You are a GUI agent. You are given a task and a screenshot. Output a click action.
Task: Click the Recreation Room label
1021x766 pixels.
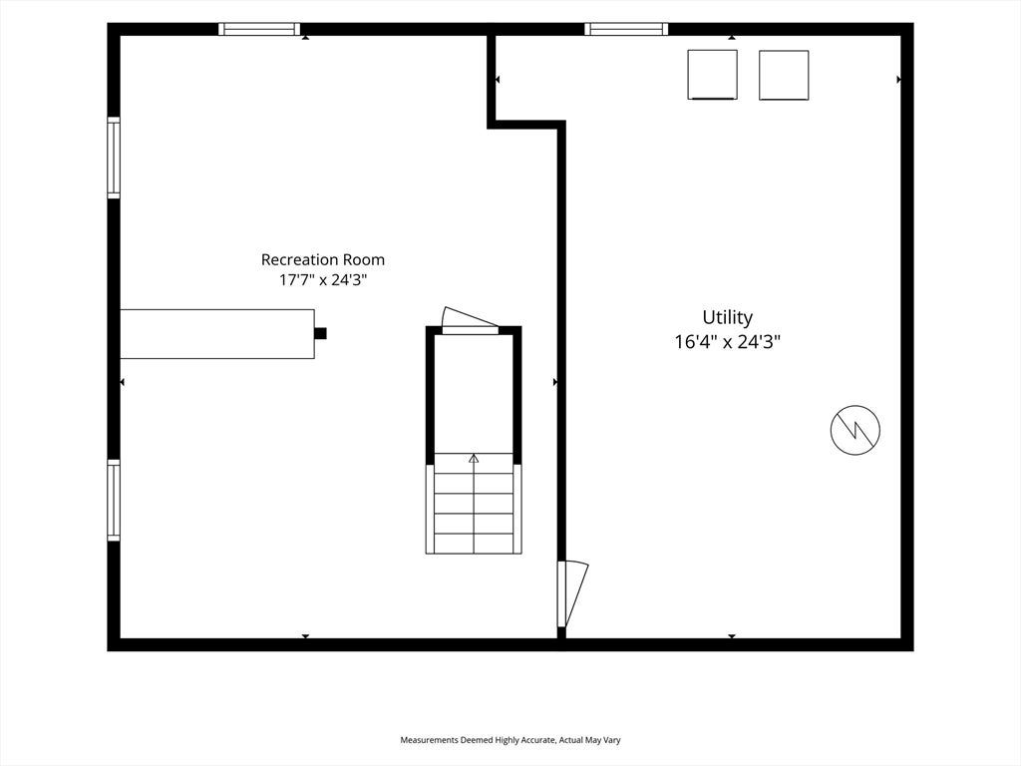tap(322, 260)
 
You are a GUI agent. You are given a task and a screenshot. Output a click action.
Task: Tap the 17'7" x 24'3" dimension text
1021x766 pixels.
tap(323, 280)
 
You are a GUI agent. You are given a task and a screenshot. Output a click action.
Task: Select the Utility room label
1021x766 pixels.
tap(727, 318)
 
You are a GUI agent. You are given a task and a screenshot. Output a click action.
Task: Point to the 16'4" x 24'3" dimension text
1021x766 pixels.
tap(727, 341)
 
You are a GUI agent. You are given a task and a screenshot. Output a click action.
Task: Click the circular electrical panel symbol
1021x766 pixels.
tap(854, 430)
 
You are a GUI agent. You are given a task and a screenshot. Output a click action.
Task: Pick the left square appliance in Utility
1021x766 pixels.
tap(712, 75)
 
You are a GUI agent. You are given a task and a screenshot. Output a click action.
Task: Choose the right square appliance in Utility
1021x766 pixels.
tap(784, 75)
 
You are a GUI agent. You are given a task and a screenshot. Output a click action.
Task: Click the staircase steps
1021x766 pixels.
tap(474, 504)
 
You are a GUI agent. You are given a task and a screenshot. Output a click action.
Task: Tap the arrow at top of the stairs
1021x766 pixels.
tap(474, 459)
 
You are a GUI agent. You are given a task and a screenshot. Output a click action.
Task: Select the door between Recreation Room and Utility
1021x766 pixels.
tap(571, 594)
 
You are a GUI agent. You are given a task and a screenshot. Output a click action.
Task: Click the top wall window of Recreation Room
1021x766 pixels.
tap(259, 29)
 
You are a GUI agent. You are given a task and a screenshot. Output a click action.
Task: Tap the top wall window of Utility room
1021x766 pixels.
tap(626, 29)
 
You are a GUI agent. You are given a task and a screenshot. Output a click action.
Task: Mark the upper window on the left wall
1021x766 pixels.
tap(114, 158)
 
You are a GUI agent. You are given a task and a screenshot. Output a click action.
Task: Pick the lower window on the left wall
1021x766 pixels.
tap(114, 501)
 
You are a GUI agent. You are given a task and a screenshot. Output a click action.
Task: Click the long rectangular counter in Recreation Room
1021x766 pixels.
tap(217, 334)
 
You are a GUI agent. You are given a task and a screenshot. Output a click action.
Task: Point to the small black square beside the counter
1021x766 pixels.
tap(320, 333)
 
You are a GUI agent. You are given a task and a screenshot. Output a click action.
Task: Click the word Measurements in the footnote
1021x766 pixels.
tap(430, 740)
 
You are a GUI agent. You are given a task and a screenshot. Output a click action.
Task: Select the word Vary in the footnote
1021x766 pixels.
tap(613, 740)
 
